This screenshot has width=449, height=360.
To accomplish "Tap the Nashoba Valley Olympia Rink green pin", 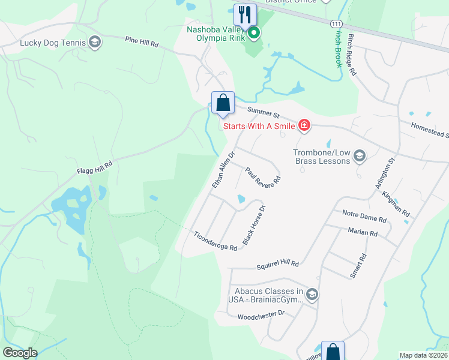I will pyautogui.click(x=254, y=33).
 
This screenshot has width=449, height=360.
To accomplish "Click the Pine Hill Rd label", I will pyautogui.click(x=142, y=43).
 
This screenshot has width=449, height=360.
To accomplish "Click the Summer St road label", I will pyautogui.click(x=264, y=112).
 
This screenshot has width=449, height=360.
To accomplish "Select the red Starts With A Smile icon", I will pyautogui.click(x=304, y=125).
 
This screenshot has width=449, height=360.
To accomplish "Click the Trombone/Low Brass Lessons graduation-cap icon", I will pyautogui.click(x=360, y=157).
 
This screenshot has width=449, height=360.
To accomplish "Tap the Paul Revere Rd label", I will pyautogui.click(x=263, y=178).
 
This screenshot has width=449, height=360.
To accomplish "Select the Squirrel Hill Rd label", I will pyautogui.click(x=277, y=263).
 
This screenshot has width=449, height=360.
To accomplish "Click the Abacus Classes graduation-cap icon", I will pyautogui.click(x=312, y=294).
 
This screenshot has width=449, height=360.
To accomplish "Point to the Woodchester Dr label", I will pyautogui.click(x=261, y=315).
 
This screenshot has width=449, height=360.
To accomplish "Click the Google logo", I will pyautogui.click(x=20, y=352).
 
